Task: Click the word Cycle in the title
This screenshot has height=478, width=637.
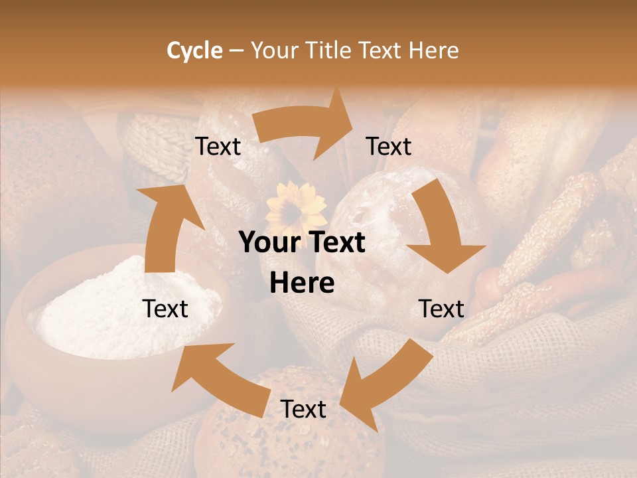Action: pos(194,50)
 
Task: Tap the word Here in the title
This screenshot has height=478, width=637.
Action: pos(434,50)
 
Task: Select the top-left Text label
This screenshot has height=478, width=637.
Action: pos(218,147)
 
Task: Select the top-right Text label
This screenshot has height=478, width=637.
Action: pos(389,147)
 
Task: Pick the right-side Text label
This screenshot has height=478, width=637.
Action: pos(441,309)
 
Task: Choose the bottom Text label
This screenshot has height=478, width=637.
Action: pos(303,409)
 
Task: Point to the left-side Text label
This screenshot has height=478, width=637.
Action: pos(165,309)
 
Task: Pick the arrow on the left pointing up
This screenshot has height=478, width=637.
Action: pos(163,226)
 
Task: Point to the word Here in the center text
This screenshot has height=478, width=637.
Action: pos(302,283)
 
